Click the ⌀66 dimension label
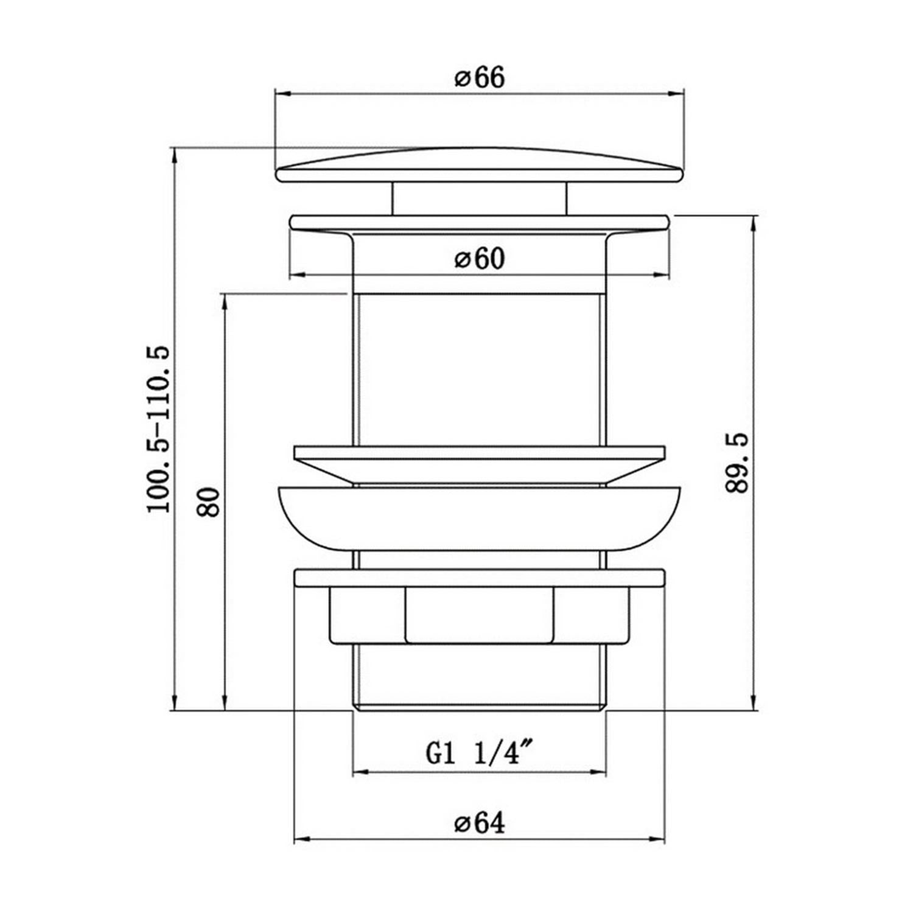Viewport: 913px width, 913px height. click(480, 78)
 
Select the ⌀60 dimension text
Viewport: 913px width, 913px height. click(480, 259)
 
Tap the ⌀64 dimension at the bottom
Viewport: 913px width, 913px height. click(480, 824)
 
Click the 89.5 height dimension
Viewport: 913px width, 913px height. click(738, 464)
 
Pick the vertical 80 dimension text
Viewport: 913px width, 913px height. click(209, 502)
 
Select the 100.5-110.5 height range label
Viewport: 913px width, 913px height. click(159, 429)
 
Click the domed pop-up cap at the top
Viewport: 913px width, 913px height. click(480, 166)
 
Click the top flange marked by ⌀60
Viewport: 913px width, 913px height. click(480, 222)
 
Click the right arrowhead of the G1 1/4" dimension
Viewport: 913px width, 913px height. click(599, 773)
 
